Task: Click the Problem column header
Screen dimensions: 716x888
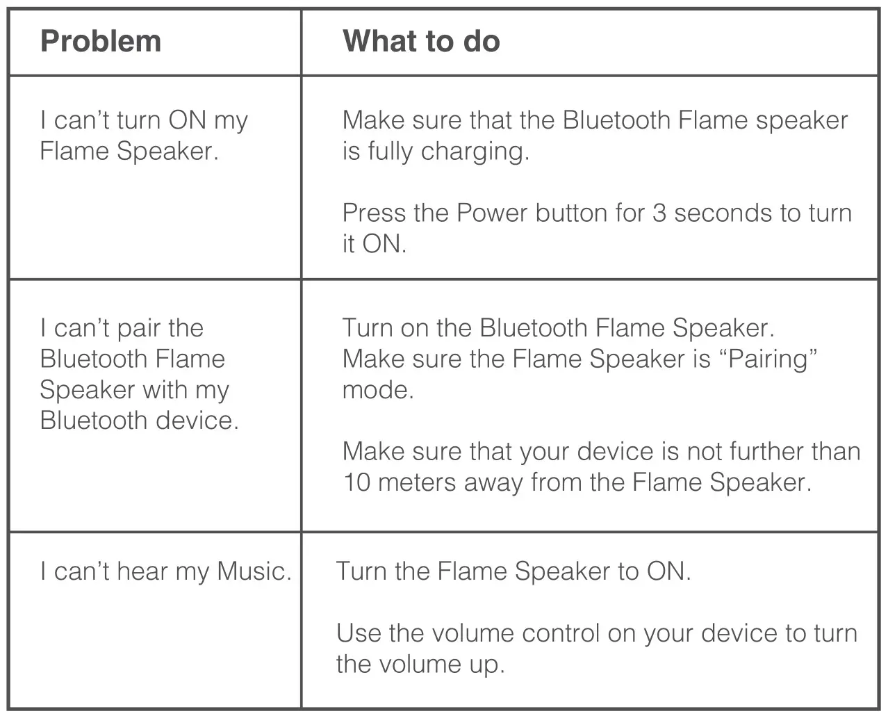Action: (x=101, y=42)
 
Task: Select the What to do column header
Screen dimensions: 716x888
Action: (x=421, y=42)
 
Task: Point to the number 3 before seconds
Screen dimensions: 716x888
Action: (x=659, y=213)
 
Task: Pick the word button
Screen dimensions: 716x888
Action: (x=572, y=213)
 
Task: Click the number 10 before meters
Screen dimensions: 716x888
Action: (x=356, y=482)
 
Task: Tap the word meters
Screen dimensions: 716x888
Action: (x=418, y=482)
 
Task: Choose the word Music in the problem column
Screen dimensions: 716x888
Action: (x=253, y=571)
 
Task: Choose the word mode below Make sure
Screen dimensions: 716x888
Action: (x=377, y=390)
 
